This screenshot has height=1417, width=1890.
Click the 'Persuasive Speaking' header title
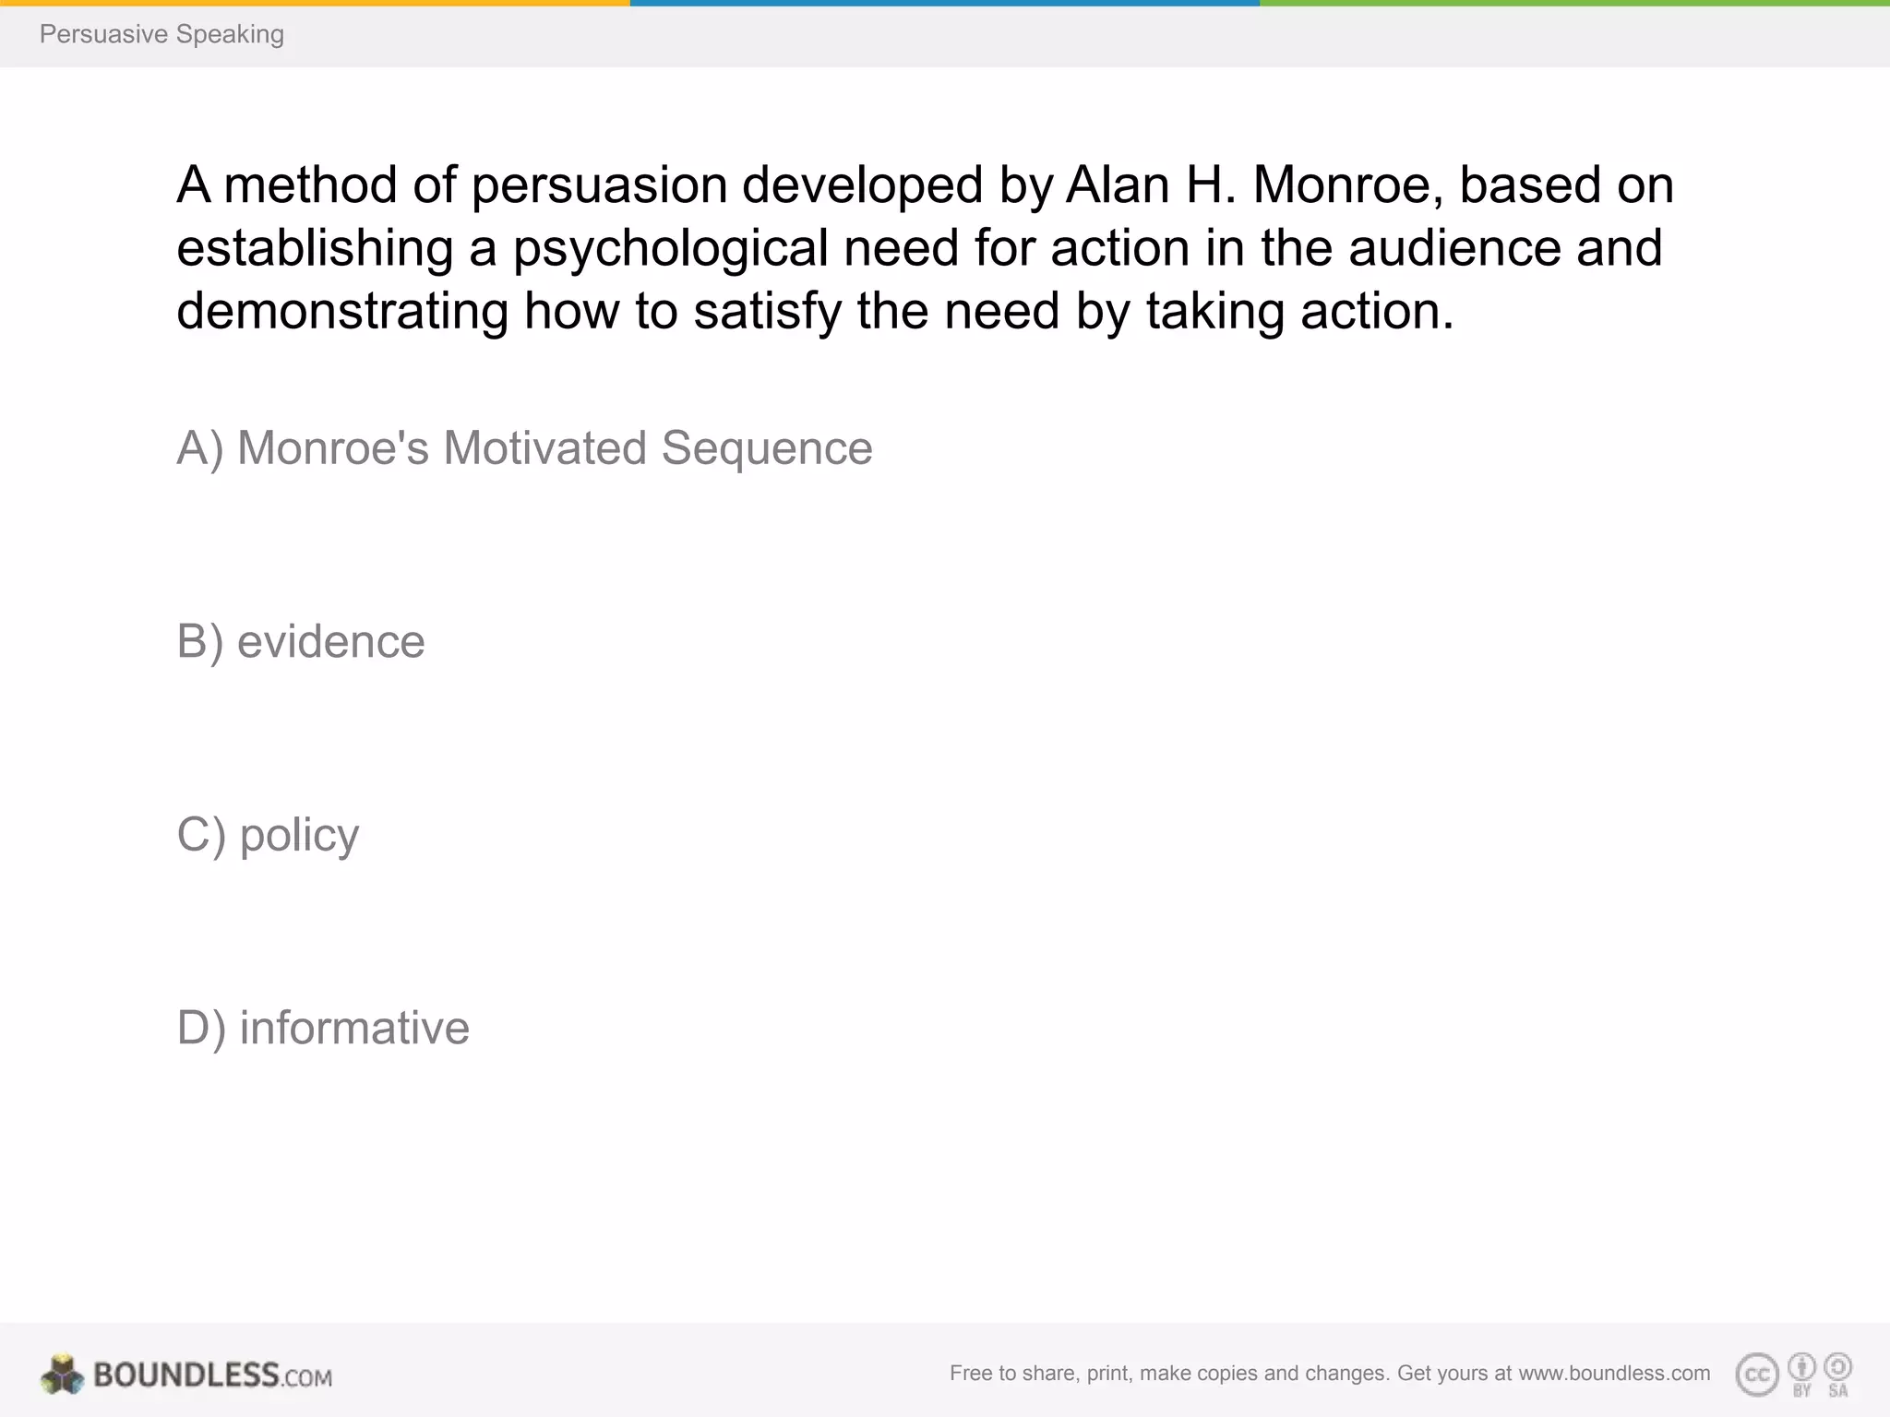coord(161,34)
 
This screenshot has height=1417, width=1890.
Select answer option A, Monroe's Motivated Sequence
coord(524,448)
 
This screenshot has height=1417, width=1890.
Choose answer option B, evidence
coord(301,641)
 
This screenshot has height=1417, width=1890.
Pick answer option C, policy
coord(268,835)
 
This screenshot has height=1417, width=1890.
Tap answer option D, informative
coord(323,1028)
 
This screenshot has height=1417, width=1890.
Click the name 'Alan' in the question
coord(1118,185)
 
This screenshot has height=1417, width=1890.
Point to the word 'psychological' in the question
coord(670,248)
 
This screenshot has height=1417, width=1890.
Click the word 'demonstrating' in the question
coord(342,311)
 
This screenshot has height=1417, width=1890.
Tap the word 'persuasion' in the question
coord(599,185)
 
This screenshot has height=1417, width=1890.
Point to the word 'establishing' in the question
coord(315,248)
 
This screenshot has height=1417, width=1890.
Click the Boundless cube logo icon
coord(62,1375)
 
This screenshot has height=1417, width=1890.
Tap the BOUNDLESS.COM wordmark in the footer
coord(212,1375)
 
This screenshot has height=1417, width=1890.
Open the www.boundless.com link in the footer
coord(1614,1374)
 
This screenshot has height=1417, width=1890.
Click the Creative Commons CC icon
coord(1756,1375)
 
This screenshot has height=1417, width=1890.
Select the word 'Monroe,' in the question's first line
coord(1347,185)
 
